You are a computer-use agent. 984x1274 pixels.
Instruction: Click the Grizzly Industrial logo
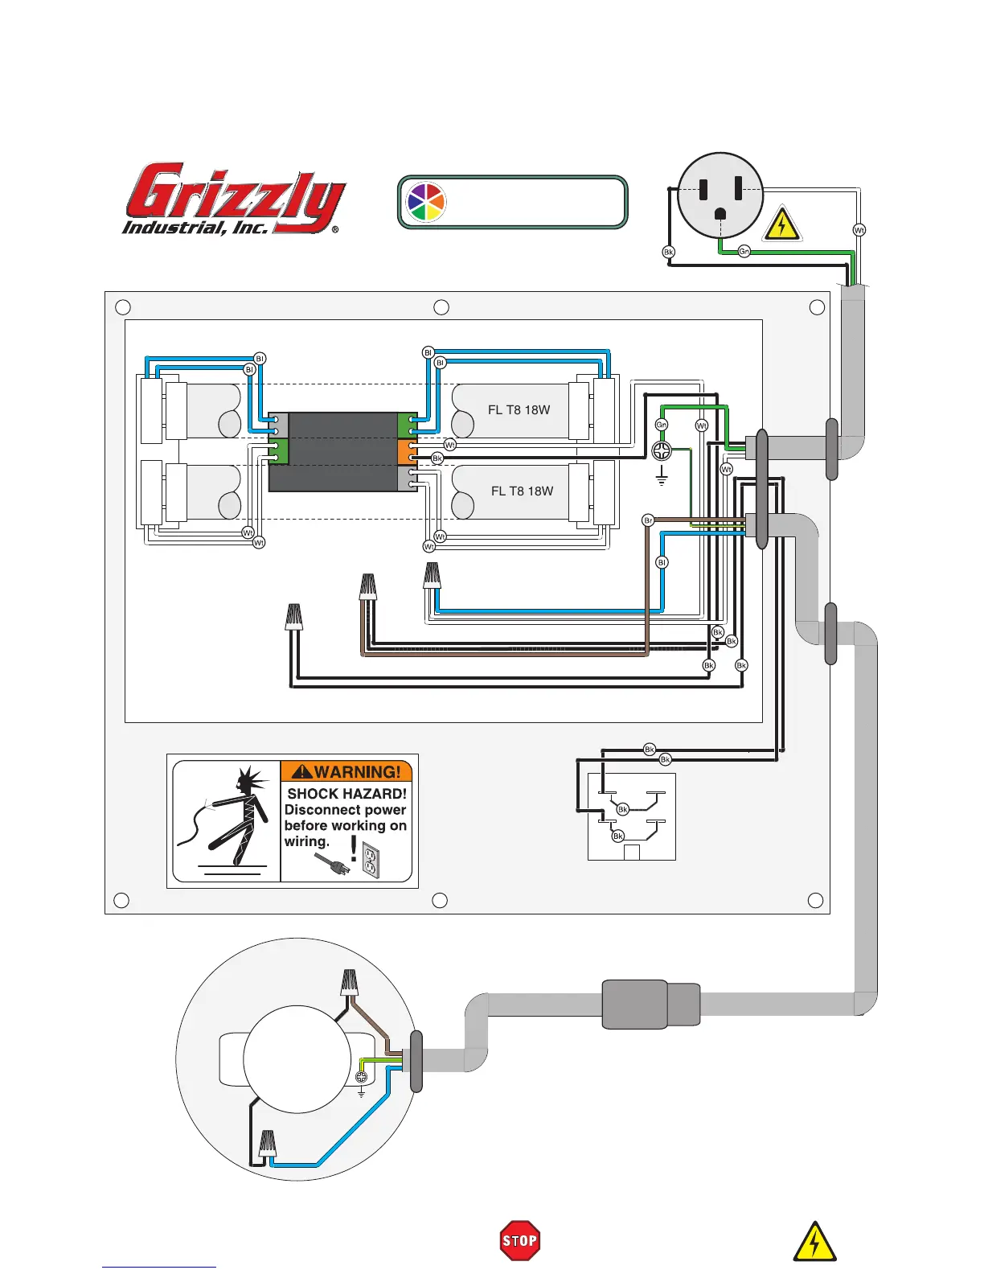[x=233, y=199]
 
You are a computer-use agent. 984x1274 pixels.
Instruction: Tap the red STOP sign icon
[x=519, y=1240]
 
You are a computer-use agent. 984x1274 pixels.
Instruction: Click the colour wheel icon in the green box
[x=425, y=202]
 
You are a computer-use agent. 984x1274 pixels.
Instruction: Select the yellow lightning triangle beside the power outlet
[x=781, y=224]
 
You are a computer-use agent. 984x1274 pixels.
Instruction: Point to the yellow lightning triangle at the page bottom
[x=814, y=1242]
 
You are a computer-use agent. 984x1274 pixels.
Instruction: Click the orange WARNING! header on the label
[x=346, y=771]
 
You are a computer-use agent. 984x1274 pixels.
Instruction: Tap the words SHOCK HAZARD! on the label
[x=346, y=794]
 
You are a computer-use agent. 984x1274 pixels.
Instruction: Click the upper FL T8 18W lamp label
[x=519, y=409]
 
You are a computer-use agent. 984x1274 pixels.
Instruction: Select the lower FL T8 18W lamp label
[x=522, y=491]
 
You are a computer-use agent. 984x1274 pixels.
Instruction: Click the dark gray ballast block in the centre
[x=342, y=450]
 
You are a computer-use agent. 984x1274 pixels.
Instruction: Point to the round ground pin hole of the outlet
[x=720, y=213]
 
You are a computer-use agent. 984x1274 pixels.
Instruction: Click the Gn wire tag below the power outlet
[x=744, y=252]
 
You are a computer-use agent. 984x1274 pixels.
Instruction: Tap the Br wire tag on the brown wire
[x=648, y=520]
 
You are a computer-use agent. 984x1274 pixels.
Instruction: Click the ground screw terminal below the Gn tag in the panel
[x=662, y=450]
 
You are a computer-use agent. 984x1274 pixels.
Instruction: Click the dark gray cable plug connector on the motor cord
[x=650, y=1004]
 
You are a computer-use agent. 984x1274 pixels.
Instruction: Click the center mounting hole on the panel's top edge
[x=441, y=307]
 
